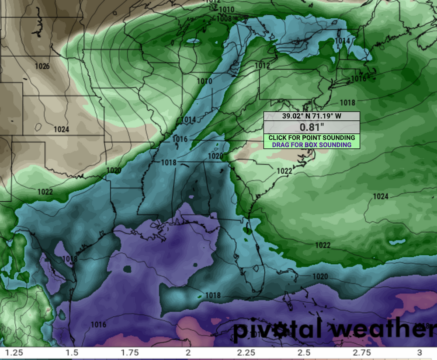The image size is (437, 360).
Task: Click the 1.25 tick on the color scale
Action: (x=14, y=353)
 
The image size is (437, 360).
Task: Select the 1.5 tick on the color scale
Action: (x=72, y=353)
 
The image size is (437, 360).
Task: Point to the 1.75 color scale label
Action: (x=130, y=353)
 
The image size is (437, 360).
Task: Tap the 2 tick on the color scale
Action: (x=188, y=353)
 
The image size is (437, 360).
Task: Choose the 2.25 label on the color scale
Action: (x=246, y=353)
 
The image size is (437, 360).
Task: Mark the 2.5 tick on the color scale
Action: (x=304, y=353)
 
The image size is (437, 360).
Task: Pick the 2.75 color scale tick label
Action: (x=361, y=353)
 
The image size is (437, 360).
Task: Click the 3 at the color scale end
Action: (x=420, y=353)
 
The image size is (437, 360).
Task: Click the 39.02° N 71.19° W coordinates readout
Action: (x=311, y=116)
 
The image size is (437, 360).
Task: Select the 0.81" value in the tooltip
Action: (x=311, y=127)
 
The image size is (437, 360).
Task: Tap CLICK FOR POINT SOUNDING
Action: (x=311, y=138)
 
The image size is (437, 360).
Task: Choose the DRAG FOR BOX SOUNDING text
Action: (x=311, y=145)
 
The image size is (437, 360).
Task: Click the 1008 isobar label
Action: (x=224, y=18)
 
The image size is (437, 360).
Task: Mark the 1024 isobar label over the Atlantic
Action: (x=380, y=197)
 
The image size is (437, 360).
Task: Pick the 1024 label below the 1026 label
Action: (x=61, y=129)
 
